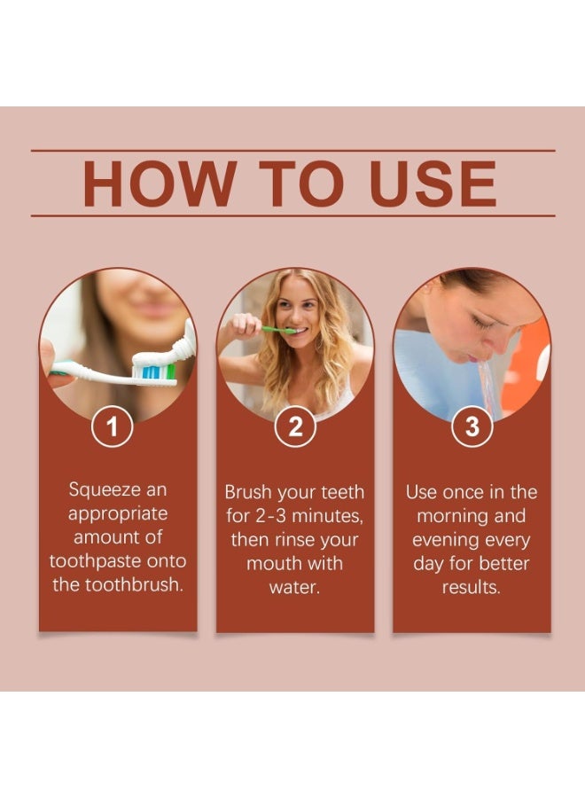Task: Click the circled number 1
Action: (113, 427)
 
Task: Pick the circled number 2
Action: (295, 427)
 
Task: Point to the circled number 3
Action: (472, 427)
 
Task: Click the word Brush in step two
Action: (248, 492)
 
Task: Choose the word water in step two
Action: (294, 587)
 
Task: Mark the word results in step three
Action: (472, 587)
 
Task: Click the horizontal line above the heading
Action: (292, 151)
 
